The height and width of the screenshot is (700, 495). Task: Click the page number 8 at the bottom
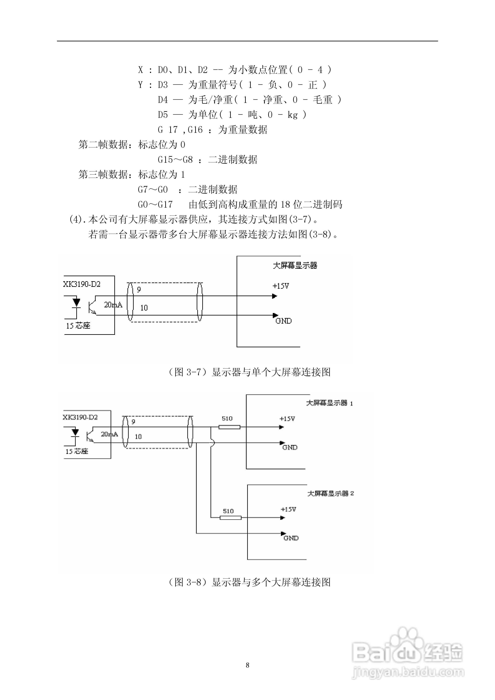click(x=247, y=665)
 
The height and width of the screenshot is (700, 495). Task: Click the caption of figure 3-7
click(x=249, y=372)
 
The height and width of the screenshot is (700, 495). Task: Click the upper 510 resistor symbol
click(x=229, y=427)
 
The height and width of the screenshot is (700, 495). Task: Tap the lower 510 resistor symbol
click(x=231, y=518)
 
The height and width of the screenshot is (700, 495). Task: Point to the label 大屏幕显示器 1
click(x=329, y=403)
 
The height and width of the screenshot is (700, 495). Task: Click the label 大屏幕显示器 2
click(x=331, y=493)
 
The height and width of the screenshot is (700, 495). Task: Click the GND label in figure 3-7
click(x=284, y=321)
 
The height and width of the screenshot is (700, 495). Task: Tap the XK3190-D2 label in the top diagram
click(x=82, y=284)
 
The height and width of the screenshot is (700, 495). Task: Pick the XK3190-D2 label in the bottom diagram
click(x=80, y=417)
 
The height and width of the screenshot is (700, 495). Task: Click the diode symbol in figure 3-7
click(x=77, y=302)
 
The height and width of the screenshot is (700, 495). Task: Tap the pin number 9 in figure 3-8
click(x=133, y=422)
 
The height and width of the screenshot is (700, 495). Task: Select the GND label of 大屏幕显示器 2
click(x=291, y=538)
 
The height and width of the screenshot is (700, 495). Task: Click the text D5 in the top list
click(x=163, y=115)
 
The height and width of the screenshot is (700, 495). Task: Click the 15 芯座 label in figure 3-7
click(x=78, y=326)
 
